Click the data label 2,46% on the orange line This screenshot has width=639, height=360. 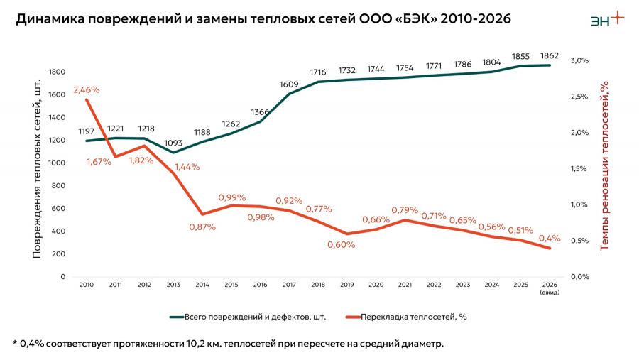coord(87,89)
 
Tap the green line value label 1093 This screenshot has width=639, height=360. coord(173,143)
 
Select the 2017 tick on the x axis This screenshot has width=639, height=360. coord(289,285)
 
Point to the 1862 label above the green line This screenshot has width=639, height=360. coord(550,55)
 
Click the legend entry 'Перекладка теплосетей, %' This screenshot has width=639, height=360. coord(406,317)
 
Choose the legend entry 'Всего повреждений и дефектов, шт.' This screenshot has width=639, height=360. coord(248,317)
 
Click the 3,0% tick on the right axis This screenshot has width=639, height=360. coord(579,60)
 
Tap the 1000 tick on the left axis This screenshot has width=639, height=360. coord(57,163)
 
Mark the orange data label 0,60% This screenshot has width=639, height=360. coord(341,245)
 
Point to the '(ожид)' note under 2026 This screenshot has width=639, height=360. coord(550,293)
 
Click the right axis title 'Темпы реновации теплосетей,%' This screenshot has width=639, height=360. coord(604,165)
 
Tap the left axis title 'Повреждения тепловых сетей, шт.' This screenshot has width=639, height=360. coord(37,169)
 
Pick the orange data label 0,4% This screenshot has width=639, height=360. coord(550,238)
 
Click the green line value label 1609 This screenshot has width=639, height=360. coord(289,84)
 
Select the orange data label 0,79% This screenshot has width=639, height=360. coord(405,210)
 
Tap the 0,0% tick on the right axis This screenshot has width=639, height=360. coord(579,277)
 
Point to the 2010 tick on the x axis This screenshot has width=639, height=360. coord(87,285)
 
